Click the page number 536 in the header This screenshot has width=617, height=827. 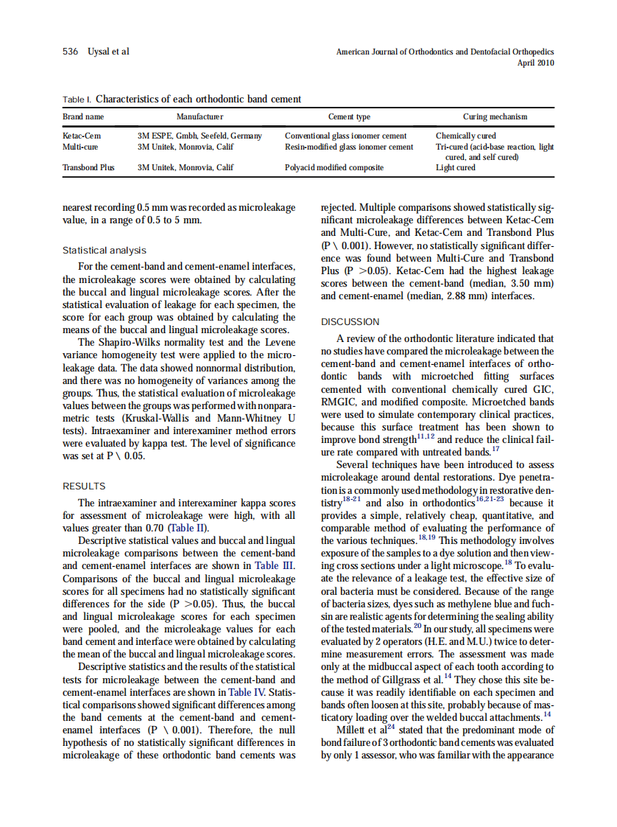(x=71, y=52)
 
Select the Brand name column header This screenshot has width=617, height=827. (x=83, y=116)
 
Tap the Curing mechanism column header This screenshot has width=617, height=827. (x=495, y=116)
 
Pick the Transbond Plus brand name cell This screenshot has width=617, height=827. (x=88, y=167)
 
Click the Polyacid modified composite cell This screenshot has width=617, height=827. (x=334, y=167)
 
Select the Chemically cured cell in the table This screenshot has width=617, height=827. (x=465, y=136)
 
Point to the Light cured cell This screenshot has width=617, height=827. (x=455, y=167)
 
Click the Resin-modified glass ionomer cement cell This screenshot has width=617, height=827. (x=348, y=147)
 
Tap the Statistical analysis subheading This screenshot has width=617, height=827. (x=104, y=251)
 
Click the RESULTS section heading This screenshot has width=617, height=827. (x=84, y=486)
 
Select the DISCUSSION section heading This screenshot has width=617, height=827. (x=350, y=322)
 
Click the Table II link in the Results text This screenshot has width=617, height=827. (x=188, y=528)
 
